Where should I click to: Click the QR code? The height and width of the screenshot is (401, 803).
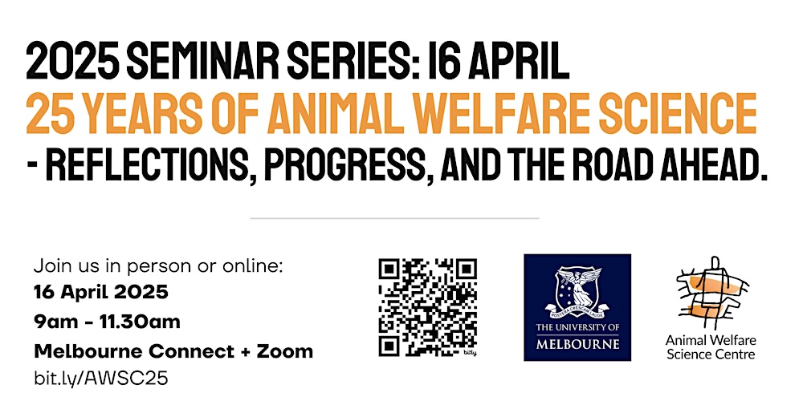tap(428, 306)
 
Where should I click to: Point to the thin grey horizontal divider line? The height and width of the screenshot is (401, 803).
tap(394, 217)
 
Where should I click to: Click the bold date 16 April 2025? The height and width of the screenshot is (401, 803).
tap(101, 292)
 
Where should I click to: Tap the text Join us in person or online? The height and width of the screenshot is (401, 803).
tap(159, 265)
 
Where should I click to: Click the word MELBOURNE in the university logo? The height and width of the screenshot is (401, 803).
tap(577, 344)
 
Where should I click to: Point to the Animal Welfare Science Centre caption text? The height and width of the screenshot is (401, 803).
tap(711, 347)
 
